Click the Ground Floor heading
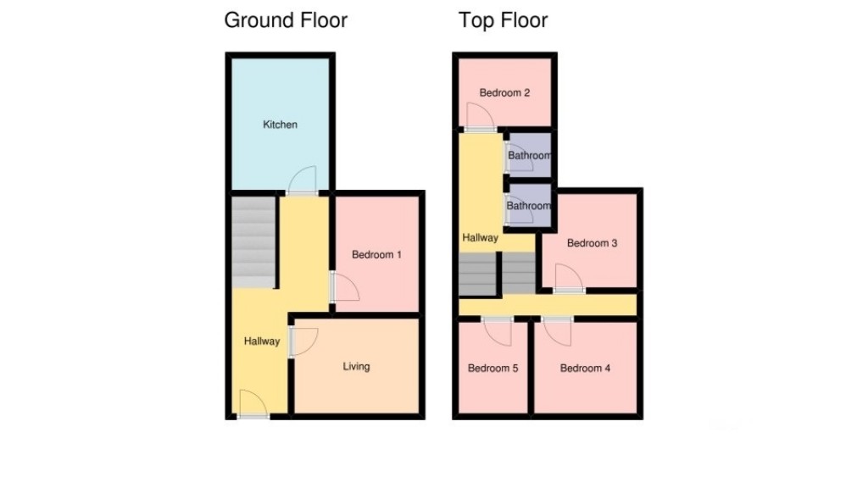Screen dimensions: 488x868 pyautogui.click(x=286, y=20)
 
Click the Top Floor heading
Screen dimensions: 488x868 pyautogui.click(x=504, y=20)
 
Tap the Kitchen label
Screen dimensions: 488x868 pyautogui.click(x=281, y=125)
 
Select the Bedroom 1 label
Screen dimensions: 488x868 pyautogui.click(x=377, y=255)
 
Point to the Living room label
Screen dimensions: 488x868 pyautogui.click(x=356, y=367)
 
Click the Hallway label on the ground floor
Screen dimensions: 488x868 pyautogui.click(x=262, y=341)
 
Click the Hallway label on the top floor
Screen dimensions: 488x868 pyautogui.click(x=480, y=238)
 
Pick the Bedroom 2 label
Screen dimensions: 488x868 pyautogui.click(x=504, y=92)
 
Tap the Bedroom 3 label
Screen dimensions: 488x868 pyautogui.click(x=592, y=243)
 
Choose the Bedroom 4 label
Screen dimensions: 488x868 pyautogui.click(x=585, y=368)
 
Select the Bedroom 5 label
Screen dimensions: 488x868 pyautogui.click(x=493, y=368)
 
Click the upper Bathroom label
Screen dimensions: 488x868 pyautogui.click(x=529, y=156)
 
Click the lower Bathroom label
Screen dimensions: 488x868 pyautogui.click(x=529, y=206)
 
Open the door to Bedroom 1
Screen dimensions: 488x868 pyautogui.click(x=343, y=289)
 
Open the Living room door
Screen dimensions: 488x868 pyautogui.click(x=303, y=341)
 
